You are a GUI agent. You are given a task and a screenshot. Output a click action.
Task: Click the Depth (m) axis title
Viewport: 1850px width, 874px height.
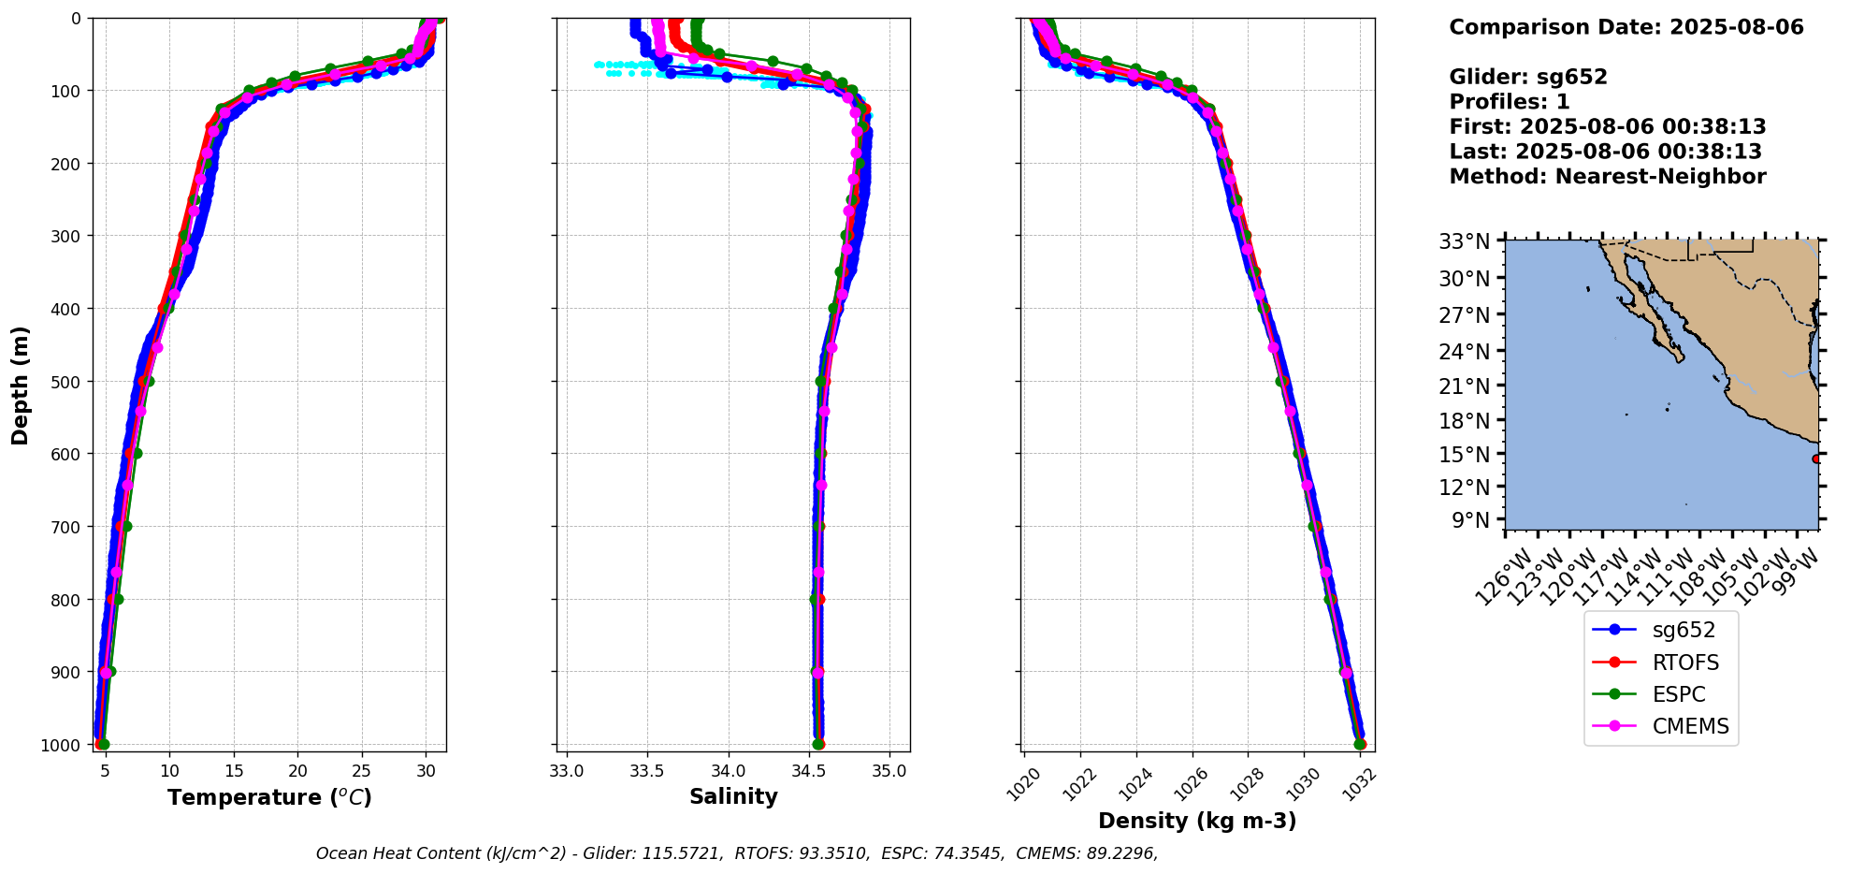[x=21, y=385]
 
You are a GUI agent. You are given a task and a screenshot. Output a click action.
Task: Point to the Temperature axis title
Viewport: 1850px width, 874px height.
[x=269, y=797]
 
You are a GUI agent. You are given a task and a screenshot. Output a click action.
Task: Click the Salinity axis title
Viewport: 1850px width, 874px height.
[x=733, y=796]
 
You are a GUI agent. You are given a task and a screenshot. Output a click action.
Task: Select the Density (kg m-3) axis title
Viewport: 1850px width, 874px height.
[x=1197, y=821]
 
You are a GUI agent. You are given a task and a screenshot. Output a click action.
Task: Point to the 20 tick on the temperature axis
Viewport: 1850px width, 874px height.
[x=297, y=771]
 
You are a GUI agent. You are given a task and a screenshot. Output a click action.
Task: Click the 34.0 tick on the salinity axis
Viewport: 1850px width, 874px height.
[x=728, y=771]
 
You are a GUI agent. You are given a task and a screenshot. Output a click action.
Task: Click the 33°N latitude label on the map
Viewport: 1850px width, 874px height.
[x=1464, y=241]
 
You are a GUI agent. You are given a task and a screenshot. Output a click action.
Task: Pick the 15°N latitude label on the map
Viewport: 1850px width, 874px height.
[x=1464, y=454]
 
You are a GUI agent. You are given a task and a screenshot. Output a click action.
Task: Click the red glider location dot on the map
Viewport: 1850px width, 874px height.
[x=1816, y=459]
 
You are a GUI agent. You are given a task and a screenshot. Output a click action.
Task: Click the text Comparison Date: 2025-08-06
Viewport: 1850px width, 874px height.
[x=1626, y=27]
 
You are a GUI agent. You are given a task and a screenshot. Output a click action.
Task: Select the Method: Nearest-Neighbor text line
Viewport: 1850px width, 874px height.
[x=1607, y=176]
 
